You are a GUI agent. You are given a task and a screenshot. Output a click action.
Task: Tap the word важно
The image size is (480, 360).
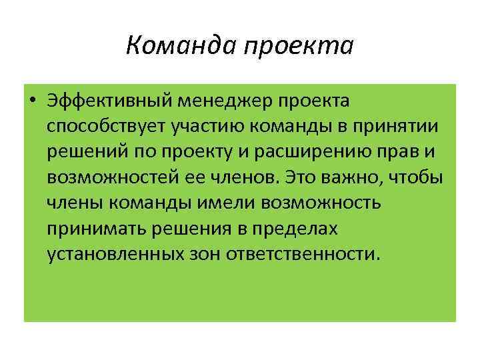(x=352, y=177)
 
